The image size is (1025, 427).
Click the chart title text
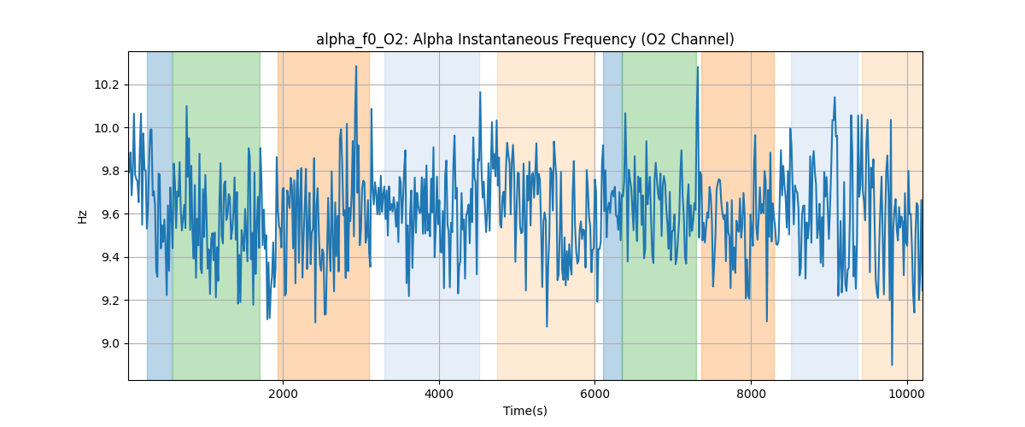point(524,39)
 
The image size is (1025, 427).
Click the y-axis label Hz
point(83,216)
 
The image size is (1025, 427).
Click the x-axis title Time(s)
point(524,411)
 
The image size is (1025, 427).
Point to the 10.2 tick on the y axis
point(107,85)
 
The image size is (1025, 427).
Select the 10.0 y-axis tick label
point(107,128)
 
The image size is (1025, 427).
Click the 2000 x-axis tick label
point(283,394)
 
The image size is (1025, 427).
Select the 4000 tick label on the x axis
point(439,394)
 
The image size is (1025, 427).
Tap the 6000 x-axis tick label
point(594,394)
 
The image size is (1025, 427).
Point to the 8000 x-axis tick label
point(751,394)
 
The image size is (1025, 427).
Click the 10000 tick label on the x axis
point(907,394)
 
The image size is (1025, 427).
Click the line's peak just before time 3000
point(356,66)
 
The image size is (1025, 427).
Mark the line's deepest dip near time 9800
point(892,365)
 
